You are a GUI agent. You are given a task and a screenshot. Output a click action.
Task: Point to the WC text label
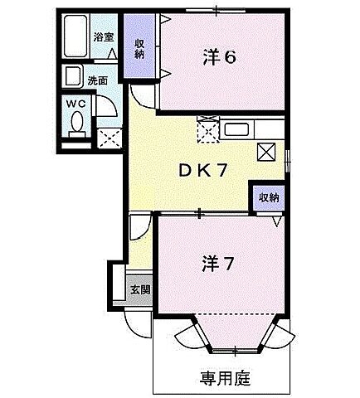pyautogui.click(x=75, y=103)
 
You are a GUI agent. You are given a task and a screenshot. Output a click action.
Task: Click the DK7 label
pyautogui.click(x=203, y=170)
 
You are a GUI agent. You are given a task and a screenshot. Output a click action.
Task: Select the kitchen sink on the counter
pyautogui.click(x=236, y=131)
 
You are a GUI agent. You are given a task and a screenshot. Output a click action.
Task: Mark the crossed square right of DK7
pyautogui.click(x=267, y=152)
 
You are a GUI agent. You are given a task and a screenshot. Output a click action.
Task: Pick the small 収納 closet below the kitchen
pyautogui.click(x=267, y=197)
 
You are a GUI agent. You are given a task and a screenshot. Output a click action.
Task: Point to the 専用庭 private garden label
pyautogui.click(x=225, y=378)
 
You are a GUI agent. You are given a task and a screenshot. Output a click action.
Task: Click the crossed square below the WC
pyautogui.click(x=109, y=137)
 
